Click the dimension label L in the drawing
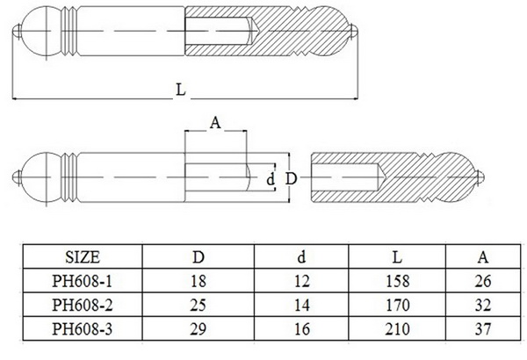pos(181,90)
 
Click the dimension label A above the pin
pos(214,123)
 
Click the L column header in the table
pos(397,257)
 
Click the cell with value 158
pos(397,281)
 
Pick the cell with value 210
pos(397,328)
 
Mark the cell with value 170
pos(397,305)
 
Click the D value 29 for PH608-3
pos(199,328)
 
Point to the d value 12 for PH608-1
pos(302,281)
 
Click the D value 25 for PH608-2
pos(199,305)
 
